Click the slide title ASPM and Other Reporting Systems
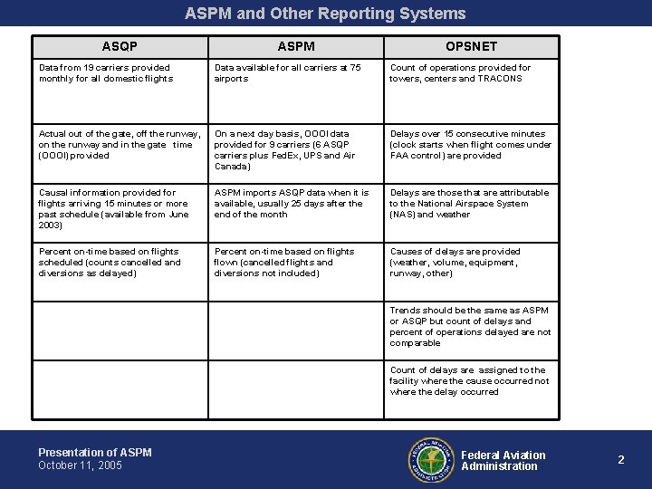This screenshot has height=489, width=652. pyautogui.click(x=325, y=14)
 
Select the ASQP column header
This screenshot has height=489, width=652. pyautogui.click(x=120, y=45)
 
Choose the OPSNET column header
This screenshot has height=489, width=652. pyautogui.click(x=471, y=45)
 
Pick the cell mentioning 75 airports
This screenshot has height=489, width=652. pyautogui.click(x=288, y=72)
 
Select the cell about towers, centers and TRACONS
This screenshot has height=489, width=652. pyautogui.click(x=461, y=72)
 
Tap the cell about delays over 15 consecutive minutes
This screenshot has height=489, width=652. pyautogui.click(x=470, y=144)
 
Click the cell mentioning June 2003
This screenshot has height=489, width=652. pyautogui.click(x=115, y=208)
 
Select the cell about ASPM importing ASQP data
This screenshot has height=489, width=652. pyautogui.click(x=292, y=203)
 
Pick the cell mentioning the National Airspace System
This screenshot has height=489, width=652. pyautogui.click(x=469, y=203)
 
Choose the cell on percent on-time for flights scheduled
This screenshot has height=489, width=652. pyautogui.click(x=110, y=262)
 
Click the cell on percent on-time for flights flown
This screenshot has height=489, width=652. pyautogui.click(x=284, y=262)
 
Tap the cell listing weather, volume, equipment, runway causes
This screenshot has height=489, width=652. pyautogui.click(x=455, y=262)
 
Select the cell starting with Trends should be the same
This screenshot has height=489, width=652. pyautogui.click(x=470, y=326)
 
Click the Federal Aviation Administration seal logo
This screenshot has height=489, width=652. pyautogui.click(x=430, y=460)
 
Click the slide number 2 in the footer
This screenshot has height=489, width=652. pyautogui.click(x=621, y=460)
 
